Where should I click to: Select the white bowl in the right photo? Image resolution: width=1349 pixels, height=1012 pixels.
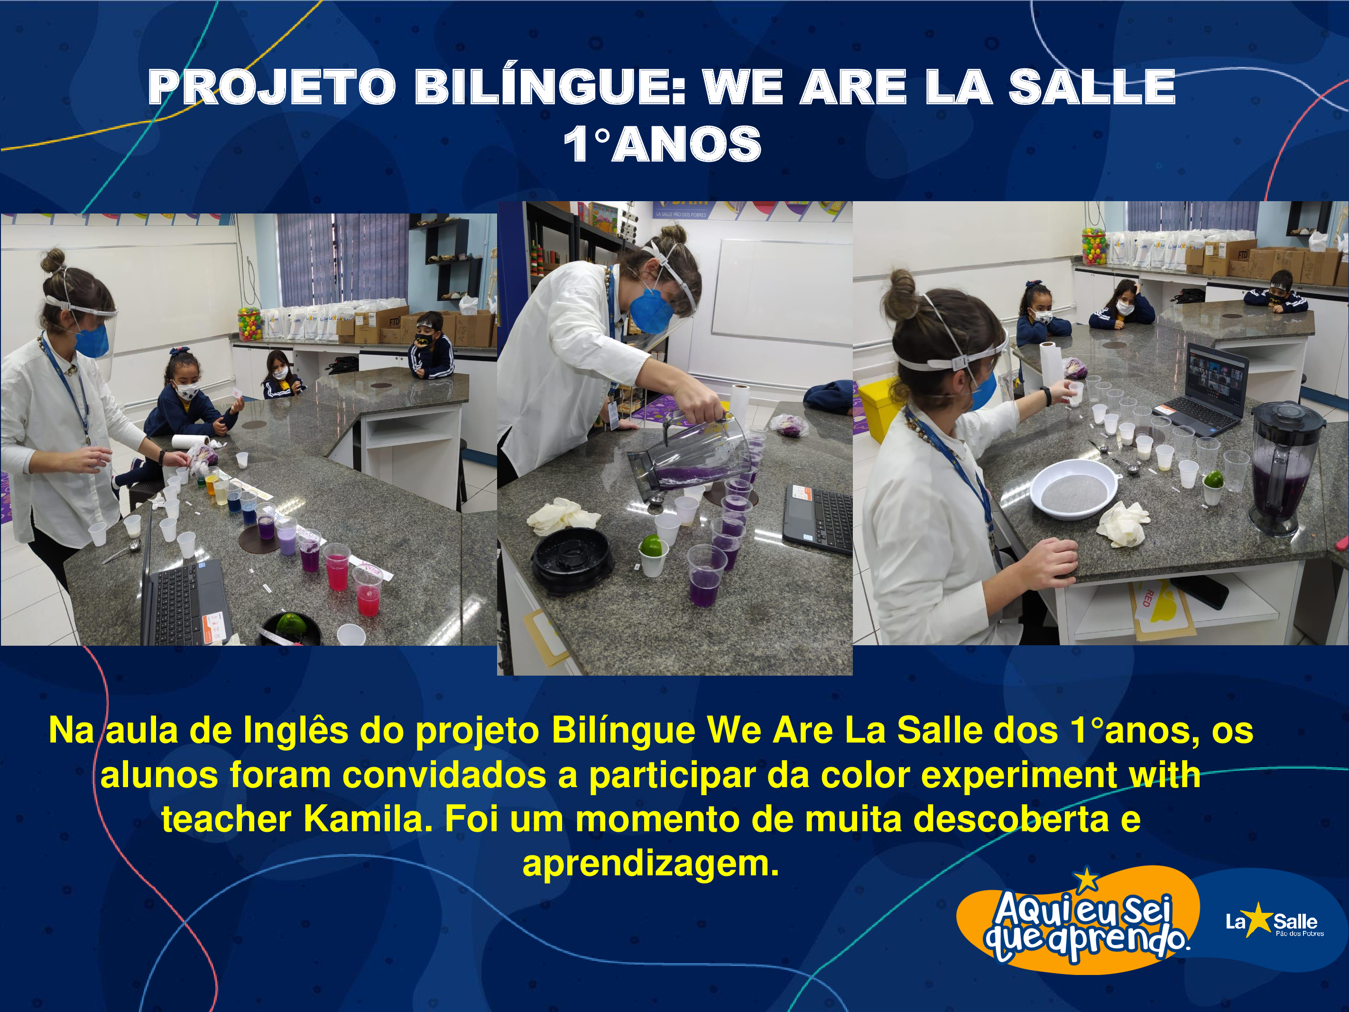1074,489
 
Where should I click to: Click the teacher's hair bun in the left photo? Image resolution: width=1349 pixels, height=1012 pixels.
53,260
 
